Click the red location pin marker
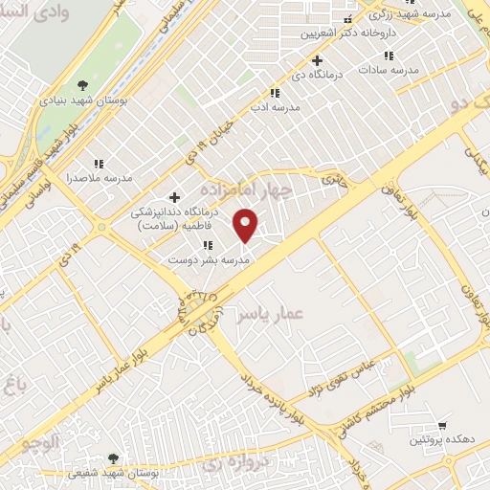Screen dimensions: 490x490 point(246,224)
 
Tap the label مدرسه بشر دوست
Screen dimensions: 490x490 point(208,259)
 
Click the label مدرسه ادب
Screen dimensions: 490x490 point(275,107)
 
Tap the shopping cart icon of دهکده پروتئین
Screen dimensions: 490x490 point(441,424)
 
